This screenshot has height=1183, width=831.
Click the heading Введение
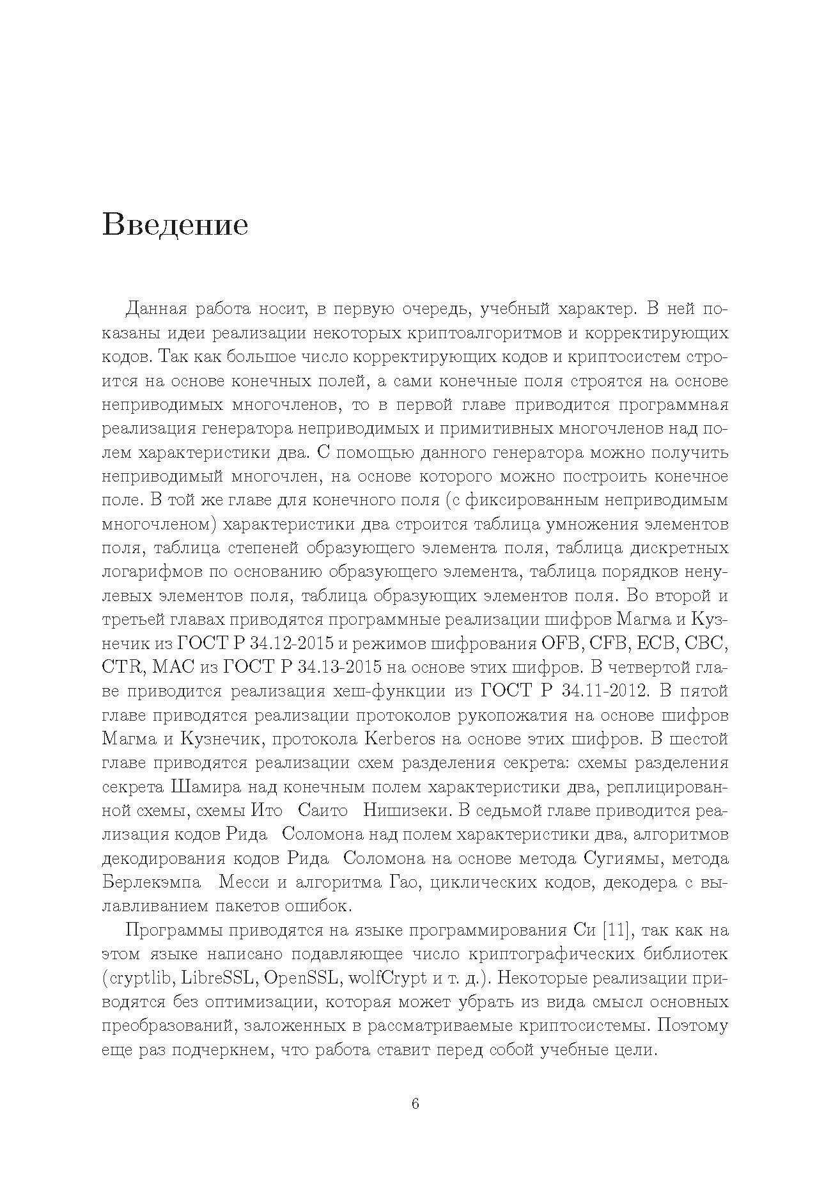pos(175,226)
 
